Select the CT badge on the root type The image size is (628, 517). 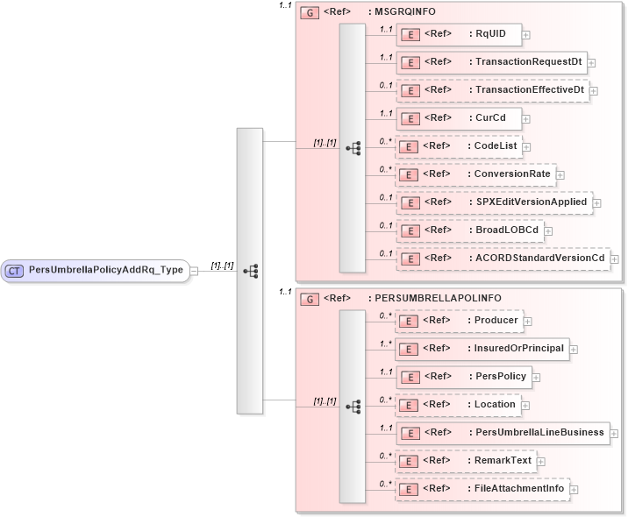(x=14, y=270)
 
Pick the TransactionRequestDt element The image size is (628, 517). (x=491, y=62)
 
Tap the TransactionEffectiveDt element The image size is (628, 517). (x=491, y=90)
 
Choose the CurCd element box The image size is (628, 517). (x=458, y=118)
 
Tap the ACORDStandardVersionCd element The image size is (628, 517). (x=503, y=258)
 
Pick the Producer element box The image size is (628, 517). (x=458, y=321)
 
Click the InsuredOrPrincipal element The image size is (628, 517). (x=481, y=349)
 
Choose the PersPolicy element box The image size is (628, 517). (x=463, y=377)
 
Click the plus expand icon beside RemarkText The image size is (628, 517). (x=541, y=461)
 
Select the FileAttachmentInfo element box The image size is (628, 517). (x=482, y=489)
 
